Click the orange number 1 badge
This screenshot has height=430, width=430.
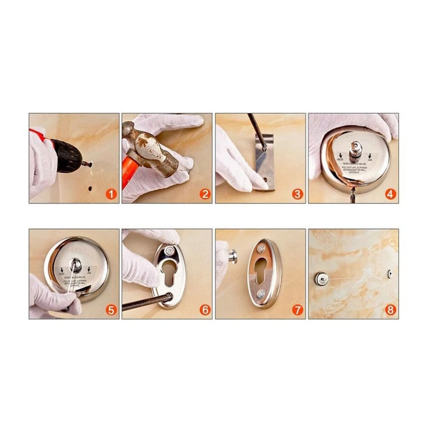pos(111,195)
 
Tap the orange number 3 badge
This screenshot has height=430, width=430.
pos(297,195)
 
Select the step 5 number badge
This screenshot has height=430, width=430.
pos(111,310)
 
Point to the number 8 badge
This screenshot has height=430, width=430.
pos(390,310)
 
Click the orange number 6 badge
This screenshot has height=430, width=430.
pos(205,310)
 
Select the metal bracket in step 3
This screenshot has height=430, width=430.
pos(264,164)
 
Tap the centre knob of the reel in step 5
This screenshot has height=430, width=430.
pos(76,264)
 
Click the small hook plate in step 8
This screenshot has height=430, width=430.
pos(390,274)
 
